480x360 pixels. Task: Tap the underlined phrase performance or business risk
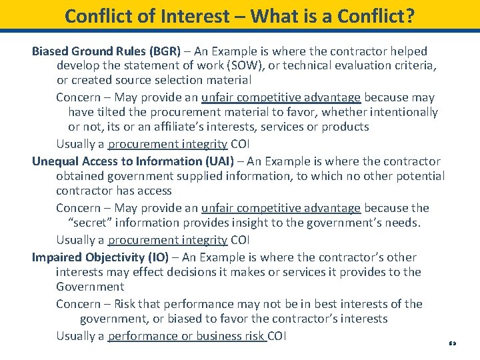point(187,336)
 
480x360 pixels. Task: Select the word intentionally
point(400,113)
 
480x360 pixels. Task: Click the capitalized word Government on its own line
point(90,287)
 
